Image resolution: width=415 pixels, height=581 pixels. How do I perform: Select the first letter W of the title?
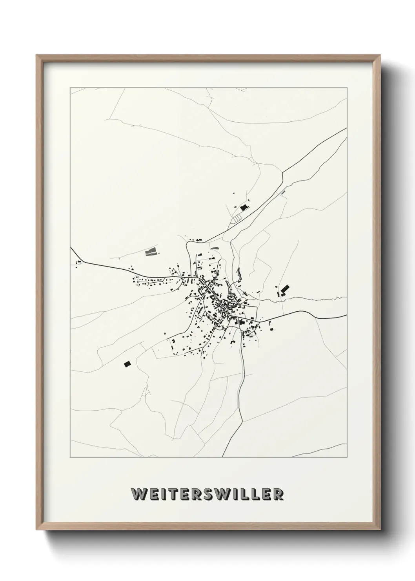pyautogui.click(x=138, y=495)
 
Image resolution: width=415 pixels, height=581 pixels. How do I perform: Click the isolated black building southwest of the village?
pyautogui.click(x=127, y=364)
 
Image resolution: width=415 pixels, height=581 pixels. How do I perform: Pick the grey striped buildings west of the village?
pyautogui.click(x=150, y=251)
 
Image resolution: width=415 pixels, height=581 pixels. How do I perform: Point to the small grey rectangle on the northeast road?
pyautogui.click(x=282, y=192)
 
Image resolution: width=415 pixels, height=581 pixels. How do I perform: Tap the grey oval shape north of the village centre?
pyautogui.click(x=215, y=248)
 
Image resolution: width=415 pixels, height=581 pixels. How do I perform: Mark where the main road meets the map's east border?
pyautogui.click(x=346, y=315)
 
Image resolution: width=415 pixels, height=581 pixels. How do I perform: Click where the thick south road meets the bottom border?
pyautogui.click(x=222, y=457)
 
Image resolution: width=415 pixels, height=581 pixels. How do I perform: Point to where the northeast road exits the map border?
pyautogui.click(x=346, y=128)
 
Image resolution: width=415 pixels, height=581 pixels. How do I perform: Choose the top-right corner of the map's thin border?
pyautogui.click(x=346, y=88)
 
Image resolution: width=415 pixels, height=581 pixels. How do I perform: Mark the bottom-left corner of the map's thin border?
pyautogui.click(x=70, y=457)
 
